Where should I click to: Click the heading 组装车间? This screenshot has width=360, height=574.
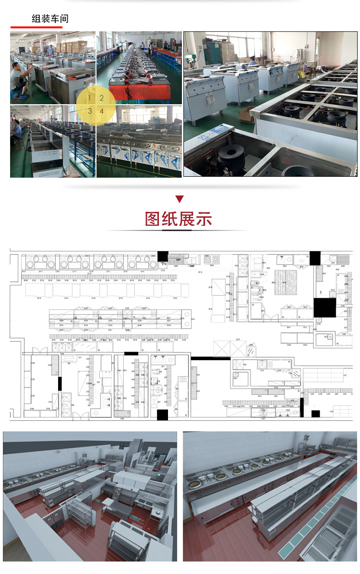click(50, 19)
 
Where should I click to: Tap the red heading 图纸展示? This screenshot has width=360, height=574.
click(179, 219)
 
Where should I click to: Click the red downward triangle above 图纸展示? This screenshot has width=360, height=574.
click(180, 199)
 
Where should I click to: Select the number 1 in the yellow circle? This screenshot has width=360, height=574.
click(89, 98)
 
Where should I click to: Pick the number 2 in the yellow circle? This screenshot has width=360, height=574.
click(102, 98)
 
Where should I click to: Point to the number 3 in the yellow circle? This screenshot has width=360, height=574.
click(89, 111)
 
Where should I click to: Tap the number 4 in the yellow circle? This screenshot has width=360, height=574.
click(102, 111)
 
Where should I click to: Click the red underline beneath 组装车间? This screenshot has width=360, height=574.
click(36, 27)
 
